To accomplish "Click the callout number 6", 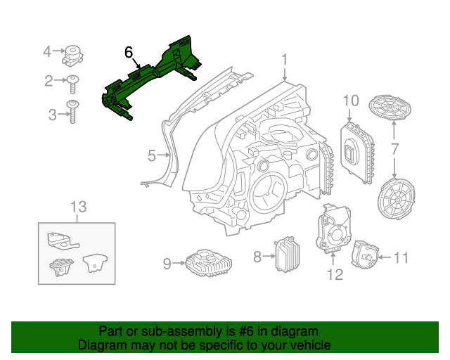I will pyautogui.click(x=129, y=53).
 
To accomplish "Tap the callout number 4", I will pyautogui.click(x=47, y=51).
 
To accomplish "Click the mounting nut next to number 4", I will pyautogui.click(x=72, y=54).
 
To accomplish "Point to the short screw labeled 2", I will pyautogui.click(x=72, y=84).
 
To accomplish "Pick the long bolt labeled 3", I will pyautogui.click(x=72, y=111).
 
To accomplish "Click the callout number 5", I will pyautogui.click(x=151, y=156).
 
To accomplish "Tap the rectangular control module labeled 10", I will pyautogui.click(x=356, y=150).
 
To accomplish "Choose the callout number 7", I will pyautogui.click(x=395, y=149).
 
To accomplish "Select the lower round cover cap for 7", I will pyautogui.click(x=396, y=199).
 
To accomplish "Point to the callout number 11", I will pyautogui.click(x=400, y=258).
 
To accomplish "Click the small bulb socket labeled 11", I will pyautogui.click(x=365, y=254).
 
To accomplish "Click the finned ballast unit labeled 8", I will pyautogui.click(x=287, y=255).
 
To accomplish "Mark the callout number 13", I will pyautogui.click(x=77, y=207).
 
